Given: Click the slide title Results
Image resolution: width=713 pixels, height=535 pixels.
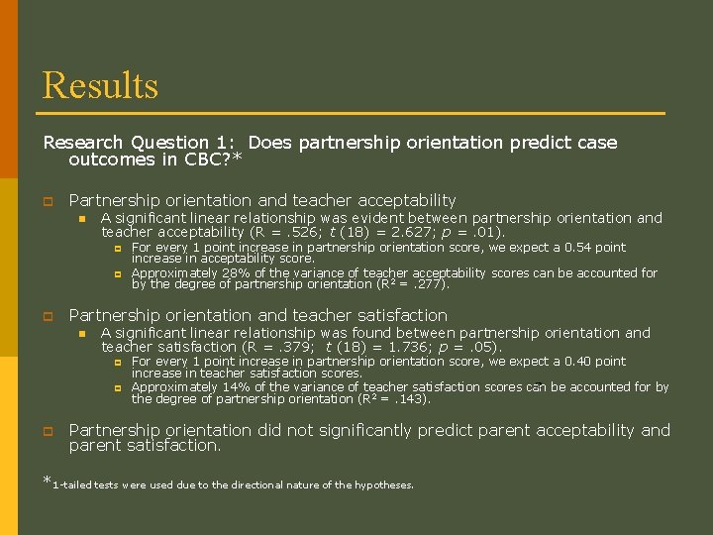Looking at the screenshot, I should tap(100, 85).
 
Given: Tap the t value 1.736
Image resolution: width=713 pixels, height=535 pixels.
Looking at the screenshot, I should tap(404, 348).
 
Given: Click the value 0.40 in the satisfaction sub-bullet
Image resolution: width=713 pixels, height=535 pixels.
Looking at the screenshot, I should tap(579, 362).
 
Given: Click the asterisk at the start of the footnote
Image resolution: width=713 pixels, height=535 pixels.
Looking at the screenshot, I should tap(46, 481).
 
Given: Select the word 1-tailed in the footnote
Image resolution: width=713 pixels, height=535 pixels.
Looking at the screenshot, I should tap(72, 485).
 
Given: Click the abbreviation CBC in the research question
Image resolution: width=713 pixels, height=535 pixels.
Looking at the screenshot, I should tap(211, 159).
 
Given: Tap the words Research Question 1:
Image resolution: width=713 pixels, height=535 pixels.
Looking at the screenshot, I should tap(139, 143).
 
